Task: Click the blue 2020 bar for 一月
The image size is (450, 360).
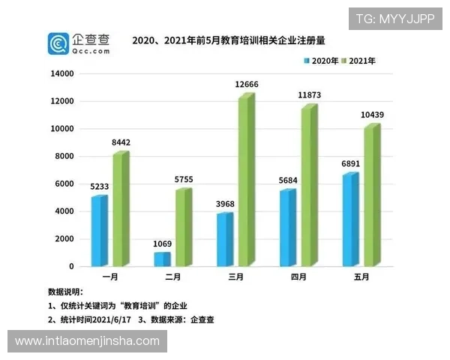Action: click(99, 231)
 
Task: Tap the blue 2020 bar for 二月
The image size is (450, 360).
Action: click(162, 259)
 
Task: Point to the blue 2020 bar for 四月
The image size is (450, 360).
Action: click(287, 228)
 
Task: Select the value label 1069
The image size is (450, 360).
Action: click(162, 245)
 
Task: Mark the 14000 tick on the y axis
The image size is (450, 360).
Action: click(62, 74)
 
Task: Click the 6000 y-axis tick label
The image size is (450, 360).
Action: click(64, 184)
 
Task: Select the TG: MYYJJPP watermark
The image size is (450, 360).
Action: click(394, 19)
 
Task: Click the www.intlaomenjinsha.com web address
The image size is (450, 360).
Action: click(87, 341)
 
